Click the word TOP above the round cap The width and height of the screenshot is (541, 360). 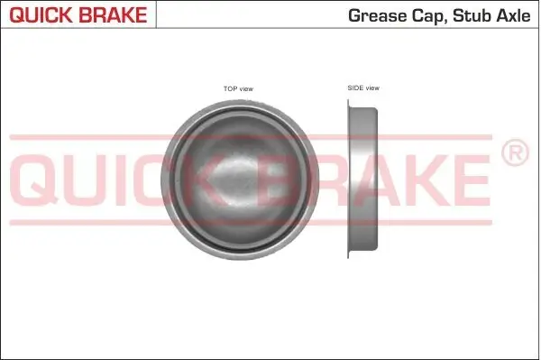(x=230, y=88)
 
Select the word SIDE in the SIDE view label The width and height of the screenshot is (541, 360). (x=355, y=88)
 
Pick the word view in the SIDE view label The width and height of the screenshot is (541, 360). (x=372, y=88)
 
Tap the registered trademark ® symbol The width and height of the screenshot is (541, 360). (x=514, y=154)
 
